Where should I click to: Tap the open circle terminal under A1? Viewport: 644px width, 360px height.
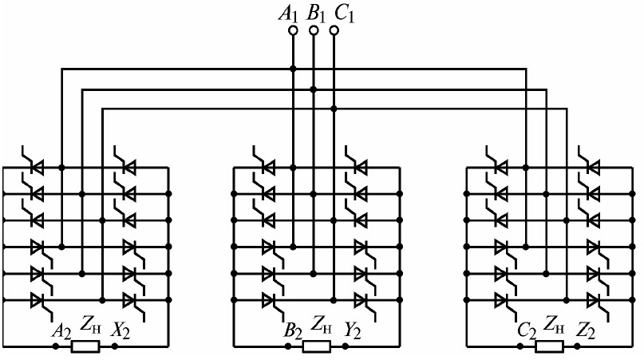(x=293, y=30)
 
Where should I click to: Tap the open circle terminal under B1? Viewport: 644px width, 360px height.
(x=314, y=30)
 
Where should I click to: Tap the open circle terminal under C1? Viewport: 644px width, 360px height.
(x=334, y=30)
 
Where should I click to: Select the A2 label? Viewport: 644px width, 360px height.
(x=61, y=330)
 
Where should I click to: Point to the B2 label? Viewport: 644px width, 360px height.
(x=291, y=330)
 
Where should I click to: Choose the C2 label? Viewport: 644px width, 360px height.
(x=526, y=330)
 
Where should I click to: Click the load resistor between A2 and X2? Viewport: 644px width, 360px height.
(x=85, y=346)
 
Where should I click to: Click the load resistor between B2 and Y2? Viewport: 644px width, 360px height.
(x=315, y=346)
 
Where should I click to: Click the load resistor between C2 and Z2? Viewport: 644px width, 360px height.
(x=548, y=346)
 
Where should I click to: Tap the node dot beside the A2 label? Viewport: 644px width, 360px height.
(x=55, y=346)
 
